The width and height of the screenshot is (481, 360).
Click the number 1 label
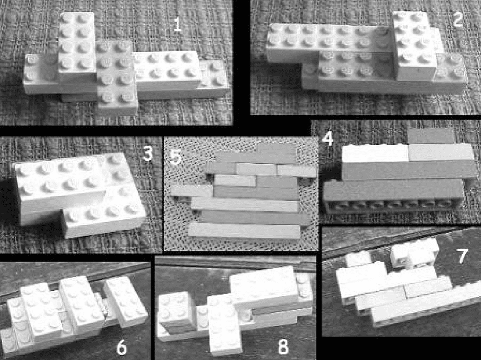(x=177, y=25)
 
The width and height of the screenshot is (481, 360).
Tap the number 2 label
(x=457, y=19)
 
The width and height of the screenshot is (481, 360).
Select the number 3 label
(x=148, y=154)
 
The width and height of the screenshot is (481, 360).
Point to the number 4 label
(x=328, y=138)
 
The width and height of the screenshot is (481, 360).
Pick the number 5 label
(x=176, y=157)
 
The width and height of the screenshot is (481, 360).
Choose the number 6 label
(x=122, y=348)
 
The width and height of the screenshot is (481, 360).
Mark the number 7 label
(x=462, y=256)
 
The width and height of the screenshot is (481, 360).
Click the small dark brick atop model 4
(x=432, y=135)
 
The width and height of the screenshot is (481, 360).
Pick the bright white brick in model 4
(x=375, y=154)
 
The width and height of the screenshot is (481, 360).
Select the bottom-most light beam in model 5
(x=244, y=231)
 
